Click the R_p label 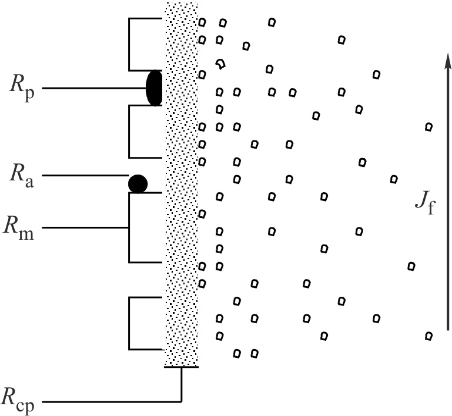click(21, 88)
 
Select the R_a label click(21, 175)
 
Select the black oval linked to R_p click(154, 88)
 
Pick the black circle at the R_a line click(138, 183)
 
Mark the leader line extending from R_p click(94, 88)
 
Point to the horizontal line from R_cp click(112, 402)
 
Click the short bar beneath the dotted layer click(182, 367)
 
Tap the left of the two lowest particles click(237, 354)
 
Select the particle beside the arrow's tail click(428, 336)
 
